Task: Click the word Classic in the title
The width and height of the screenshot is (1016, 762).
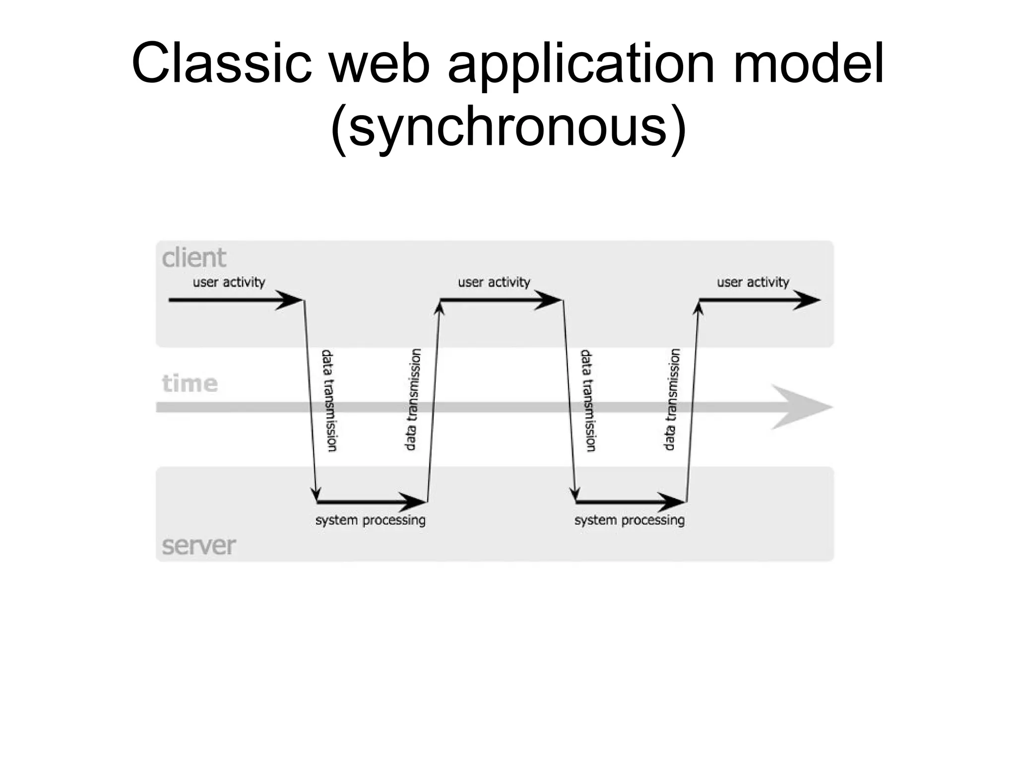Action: [x=221, y=63]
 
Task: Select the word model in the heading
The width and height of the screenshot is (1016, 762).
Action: [x=808, y=63]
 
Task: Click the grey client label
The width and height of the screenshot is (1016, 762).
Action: [x=193, y=258]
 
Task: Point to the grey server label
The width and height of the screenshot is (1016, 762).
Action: [x=198, y=546]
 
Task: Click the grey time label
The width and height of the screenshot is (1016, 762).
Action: [x=190, y=383]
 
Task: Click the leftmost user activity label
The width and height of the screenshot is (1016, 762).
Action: [x=229, y=282]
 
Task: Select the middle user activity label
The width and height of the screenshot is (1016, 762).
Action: [x=494, y=282]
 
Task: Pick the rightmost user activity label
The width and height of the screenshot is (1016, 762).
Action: [x=753, y=282]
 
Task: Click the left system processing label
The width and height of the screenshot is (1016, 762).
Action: [x=371, y=520]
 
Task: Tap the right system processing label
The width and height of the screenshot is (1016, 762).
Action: [x=630, y=520]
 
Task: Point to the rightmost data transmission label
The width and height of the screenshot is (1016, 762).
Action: [x=671, y=400]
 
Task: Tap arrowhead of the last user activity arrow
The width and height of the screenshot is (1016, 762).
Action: [x=809, y=300]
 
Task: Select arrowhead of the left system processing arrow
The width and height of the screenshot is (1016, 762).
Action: [x=415, y=502]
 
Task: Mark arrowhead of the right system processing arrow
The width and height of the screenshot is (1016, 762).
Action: [x=674, y=502]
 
